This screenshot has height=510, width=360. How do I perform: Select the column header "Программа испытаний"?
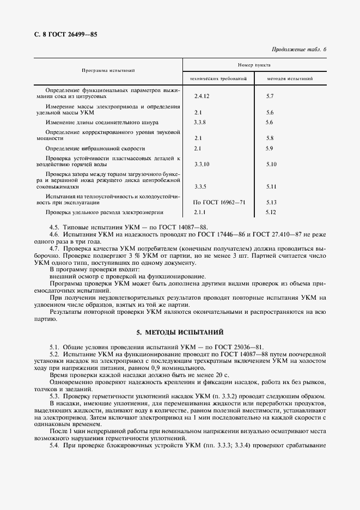tap(108, 70)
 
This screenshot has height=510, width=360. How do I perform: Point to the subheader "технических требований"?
tap(218, 79)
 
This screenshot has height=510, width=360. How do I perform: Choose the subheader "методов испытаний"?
tap(289, 79)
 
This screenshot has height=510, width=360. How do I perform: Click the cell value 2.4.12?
tap(202, 96)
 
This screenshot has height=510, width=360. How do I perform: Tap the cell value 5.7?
tap(270, 96)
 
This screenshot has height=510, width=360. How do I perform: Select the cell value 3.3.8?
tap(200, 123)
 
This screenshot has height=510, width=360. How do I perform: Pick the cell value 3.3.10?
tap(202, 164)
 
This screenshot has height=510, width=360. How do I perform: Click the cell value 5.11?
tap(272, 186)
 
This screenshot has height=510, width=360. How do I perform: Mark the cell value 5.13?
tap(272, 202)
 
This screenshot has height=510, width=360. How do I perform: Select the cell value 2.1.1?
tap(200, 212)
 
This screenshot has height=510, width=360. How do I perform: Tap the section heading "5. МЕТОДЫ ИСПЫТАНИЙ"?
tap(180, 332)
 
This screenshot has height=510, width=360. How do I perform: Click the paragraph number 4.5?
tap(54, 227)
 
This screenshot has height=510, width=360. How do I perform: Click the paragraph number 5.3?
tap(54, 396)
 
